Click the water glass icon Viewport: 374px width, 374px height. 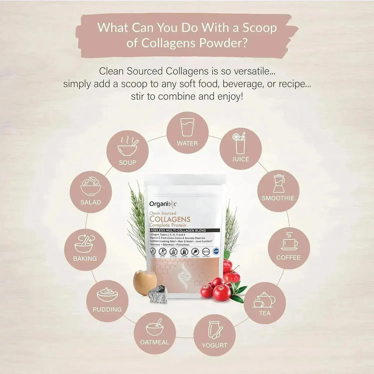(x=187, y=127)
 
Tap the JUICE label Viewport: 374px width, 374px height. (x=240, y=159)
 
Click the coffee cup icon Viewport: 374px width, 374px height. (x=289, y=242)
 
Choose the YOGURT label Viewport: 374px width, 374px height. (x=214, y=345)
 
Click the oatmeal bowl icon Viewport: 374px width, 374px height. (x=155, y=328)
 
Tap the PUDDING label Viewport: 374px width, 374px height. (x=107, y=309)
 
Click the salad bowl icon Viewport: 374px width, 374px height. (x=91, y=186)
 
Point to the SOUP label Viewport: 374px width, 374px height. (x=128, y=163)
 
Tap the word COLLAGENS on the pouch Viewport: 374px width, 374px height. (x=170, y=219)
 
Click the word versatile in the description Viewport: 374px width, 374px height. (x=246, y=71)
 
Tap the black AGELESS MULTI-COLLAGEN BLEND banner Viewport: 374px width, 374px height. (x=178, y=231)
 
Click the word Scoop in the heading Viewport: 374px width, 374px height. (x=259, y=28)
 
